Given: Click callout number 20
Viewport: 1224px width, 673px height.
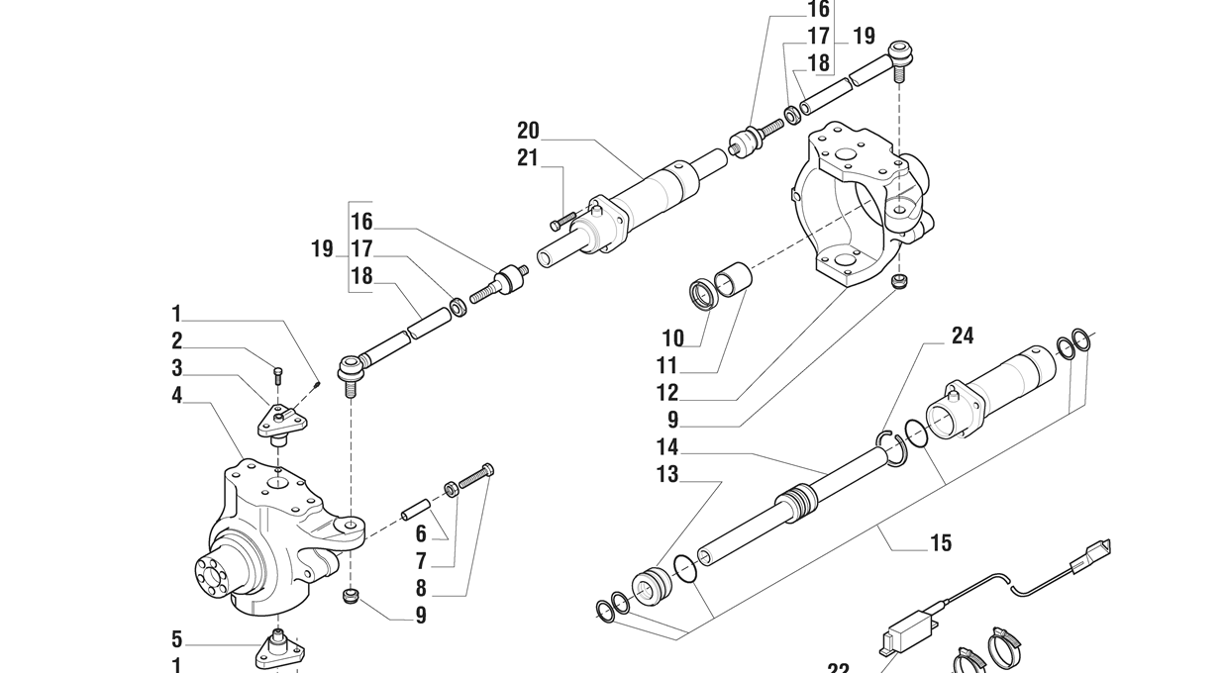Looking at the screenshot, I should click(528, 131).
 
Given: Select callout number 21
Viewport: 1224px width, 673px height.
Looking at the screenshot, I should click(528, 157).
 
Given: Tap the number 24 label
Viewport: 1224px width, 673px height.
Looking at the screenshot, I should click(963, 336).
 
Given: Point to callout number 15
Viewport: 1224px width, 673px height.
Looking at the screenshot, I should click(941, 542).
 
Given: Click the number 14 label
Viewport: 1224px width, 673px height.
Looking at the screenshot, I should click(667, 446).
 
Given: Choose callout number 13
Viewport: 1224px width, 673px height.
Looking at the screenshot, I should click(667, 475).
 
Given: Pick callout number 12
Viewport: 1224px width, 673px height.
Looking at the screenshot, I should click(667, 393).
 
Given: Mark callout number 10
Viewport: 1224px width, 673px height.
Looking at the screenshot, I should click(673, 338).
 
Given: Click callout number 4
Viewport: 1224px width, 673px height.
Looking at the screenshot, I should click(176, 395).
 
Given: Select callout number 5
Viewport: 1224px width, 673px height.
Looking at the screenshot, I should click(176, 639).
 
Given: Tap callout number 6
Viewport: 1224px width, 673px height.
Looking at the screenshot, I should click(421, 534).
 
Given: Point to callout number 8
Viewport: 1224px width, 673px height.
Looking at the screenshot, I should click(421, 588).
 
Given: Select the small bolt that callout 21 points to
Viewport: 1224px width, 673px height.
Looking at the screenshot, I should click(562, 220).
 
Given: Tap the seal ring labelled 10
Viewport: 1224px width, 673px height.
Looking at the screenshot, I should click(704, 294).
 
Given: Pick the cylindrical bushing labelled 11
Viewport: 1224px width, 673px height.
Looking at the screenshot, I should click(734, 278).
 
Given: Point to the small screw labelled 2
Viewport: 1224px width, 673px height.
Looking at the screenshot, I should click(277, 375).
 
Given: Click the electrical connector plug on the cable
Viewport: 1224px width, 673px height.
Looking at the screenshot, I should click(1096, 550).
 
